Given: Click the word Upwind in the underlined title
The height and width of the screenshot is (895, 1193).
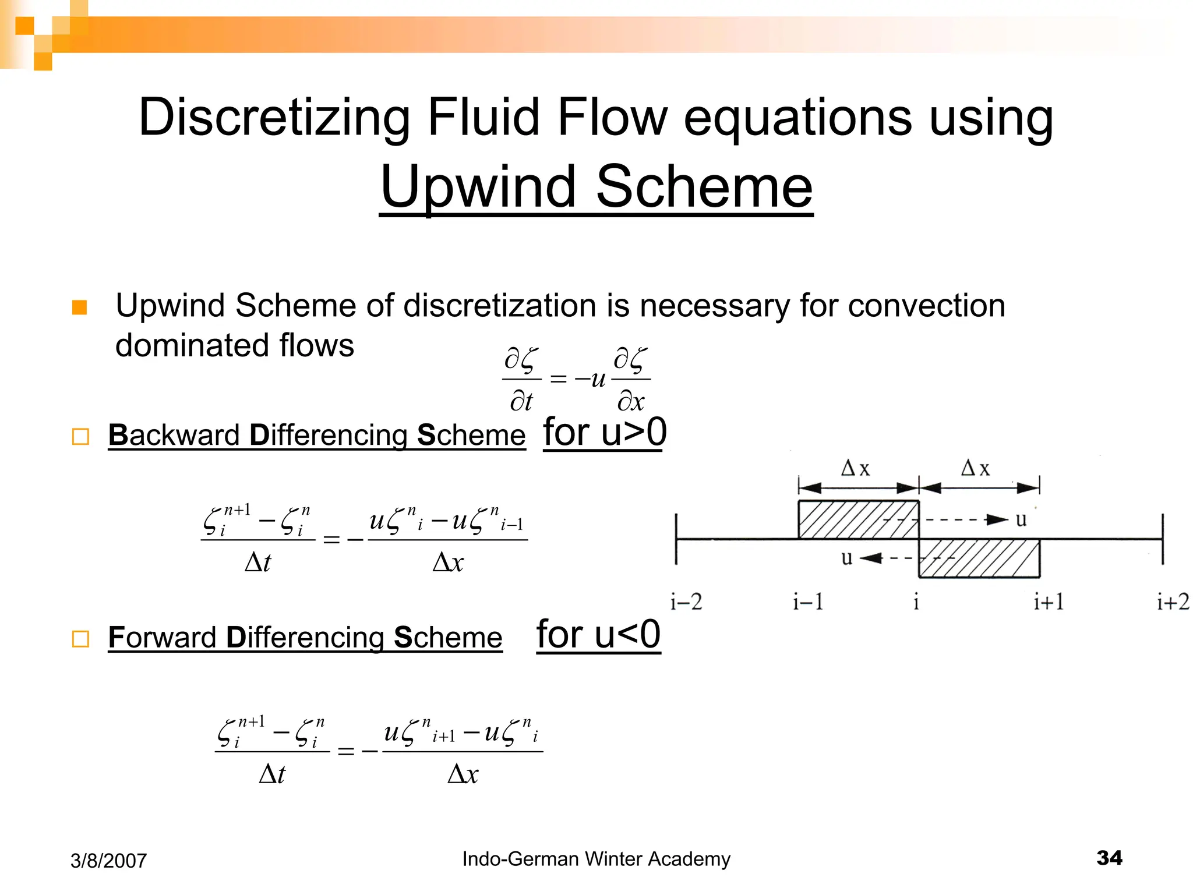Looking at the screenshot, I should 478,188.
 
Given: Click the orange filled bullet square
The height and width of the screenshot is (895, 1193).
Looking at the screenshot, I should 79,307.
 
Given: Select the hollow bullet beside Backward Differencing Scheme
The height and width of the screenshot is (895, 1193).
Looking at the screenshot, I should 80,437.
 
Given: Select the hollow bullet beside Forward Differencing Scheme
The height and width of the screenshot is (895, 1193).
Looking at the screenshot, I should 80,639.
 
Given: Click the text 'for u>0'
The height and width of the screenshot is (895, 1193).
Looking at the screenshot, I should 605,433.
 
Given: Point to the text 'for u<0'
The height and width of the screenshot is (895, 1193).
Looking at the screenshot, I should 598,635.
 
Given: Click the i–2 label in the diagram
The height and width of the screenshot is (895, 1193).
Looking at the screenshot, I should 686,602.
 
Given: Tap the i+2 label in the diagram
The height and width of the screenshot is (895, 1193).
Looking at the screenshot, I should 1173,602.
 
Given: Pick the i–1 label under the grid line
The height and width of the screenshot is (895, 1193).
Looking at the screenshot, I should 808,602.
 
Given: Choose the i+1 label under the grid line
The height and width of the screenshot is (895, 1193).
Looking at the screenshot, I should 1049,602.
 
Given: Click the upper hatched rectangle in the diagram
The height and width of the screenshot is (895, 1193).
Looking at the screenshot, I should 858,519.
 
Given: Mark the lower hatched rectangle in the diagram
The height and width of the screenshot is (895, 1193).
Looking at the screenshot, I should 980,558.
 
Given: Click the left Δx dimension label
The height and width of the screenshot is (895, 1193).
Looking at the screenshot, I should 856,468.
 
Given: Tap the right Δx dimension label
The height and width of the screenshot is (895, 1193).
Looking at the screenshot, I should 976,468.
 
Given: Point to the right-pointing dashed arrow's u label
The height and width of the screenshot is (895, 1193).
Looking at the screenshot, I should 1021,519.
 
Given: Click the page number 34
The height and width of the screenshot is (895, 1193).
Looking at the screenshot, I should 1109,858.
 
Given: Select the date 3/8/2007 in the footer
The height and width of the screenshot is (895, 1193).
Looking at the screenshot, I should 108,861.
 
